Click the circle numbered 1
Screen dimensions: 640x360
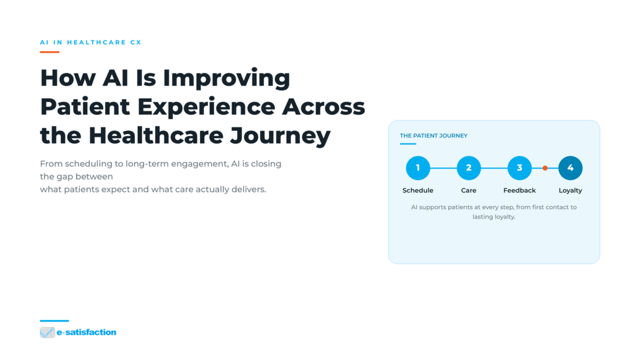coord(418,168)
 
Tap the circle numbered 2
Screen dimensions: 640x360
coord(469,168)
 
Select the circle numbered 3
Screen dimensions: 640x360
coord(519,168)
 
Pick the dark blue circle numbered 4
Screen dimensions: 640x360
coord(570,168)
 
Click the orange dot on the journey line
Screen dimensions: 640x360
coord(545,168)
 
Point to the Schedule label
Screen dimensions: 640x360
coord(418,190)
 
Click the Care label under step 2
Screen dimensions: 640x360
coord(469,190)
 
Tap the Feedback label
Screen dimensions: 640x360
coord(519,190)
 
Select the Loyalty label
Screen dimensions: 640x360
coord(570,190)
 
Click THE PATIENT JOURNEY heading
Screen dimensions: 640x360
coord(434,135)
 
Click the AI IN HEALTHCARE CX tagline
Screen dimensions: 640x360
coord(91,42)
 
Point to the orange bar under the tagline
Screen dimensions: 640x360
coord(50,52)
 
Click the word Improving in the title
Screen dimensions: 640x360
coord(227,79)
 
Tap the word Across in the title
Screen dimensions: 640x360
coord(323,107)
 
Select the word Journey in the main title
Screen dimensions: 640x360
coord(281,137)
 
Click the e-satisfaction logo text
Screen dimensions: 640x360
coord(86,332)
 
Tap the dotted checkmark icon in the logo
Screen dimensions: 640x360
coord(47,333)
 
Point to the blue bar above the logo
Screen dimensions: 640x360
coord(54,321)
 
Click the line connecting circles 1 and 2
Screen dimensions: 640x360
coord(443,168)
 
